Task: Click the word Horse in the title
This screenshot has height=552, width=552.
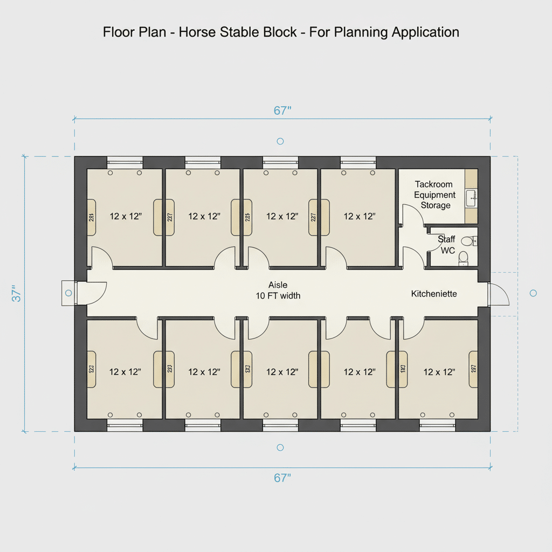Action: tap(205, 32)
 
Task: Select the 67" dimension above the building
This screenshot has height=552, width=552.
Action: tap(282, 111)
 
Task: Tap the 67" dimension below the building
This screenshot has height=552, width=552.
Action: tap(282, 478)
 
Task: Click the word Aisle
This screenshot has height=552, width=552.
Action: tap(278, 285)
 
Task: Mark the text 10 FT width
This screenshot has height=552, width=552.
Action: tap(278, 295)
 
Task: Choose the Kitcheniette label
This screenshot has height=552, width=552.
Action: tap(434, 294)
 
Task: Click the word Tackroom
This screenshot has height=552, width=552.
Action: tap(434, 184)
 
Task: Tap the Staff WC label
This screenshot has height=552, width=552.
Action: tap(446, 245)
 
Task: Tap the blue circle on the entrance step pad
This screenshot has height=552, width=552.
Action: tap(68, 293)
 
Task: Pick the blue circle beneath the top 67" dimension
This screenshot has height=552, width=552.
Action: tap(280, 141)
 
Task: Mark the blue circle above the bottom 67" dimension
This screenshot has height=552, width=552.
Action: tap(280, 448)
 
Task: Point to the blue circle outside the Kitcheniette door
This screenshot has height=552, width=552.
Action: tap(533, 293)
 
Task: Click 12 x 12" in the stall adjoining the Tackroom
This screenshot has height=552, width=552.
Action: tap(360, 216)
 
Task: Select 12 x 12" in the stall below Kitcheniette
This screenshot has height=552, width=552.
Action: tap(439, 372)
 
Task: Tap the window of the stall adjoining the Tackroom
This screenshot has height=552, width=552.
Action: tap(358, 160)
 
